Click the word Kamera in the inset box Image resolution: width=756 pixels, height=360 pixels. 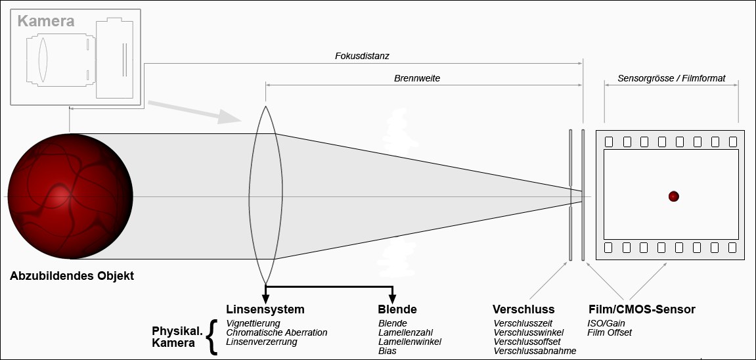[45, 21]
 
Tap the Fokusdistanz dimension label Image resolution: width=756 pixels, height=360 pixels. [363, 56]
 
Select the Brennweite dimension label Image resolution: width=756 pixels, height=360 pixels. [417, 78]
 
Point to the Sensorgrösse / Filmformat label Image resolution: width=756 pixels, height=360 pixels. [671, 78]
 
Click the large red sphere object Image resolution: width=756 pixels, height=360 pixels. [70, 198]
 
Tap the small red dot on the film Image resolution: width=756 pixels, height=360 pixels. [673, 196]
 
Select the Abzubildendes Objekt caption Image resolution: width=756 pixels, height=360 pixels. [72, 276]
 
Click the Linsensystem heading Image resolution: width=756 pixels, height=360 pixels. [265, 309]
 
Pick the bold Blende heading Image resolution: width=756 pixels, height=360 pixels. [397, 309]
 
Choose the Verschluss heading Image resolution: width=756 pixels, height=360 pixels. [523, 309]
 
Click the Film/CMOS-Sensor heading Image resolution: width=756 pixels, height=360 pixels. [641, 309]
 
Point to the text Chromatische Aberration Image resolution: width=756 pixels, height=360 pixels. [277, 332]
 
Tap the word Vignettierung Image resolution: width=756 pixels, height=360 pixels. [253, 323]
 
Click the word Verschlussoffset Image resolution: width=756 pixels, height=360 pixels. [527, 342]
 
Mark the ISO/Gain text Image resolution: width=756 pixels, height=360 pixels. [606, 323]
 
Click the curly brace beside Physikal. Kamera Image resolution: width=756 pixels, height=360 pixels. [211, 337]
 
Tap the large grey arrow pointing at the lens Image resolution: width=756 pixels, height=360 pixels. [194, 112]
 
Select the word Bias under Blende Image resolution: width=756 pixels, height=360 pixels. [388, 351]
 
